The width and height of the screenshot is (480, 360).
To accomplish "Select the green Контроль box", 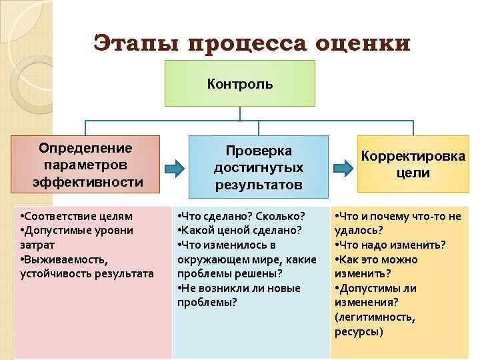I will (240, 83).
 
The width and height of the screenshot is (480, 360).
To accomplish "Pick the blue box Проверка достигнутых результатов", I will (258, 167).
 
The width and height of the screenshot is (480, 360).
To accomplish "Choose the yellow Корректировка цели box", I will (413, 164).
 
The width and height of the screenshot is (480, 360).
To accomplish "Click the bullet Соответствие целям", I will (77, 216).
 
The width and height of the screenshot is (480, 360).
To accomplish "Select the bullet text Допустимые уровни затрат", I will (76, 237).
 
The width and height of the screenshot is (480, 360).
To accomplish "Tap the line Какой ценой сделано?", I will (239, 230).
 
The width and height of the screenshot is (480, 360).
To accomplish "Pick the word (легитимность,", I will (375, 317).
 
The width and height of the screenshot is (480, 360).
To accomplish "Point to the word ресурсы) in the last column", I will (359, 331).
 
